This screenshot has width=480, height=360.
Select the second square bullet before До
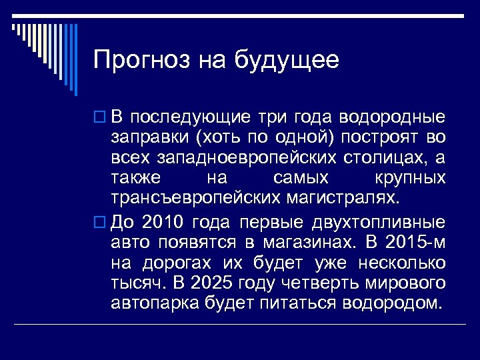(x=100, y=223)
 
